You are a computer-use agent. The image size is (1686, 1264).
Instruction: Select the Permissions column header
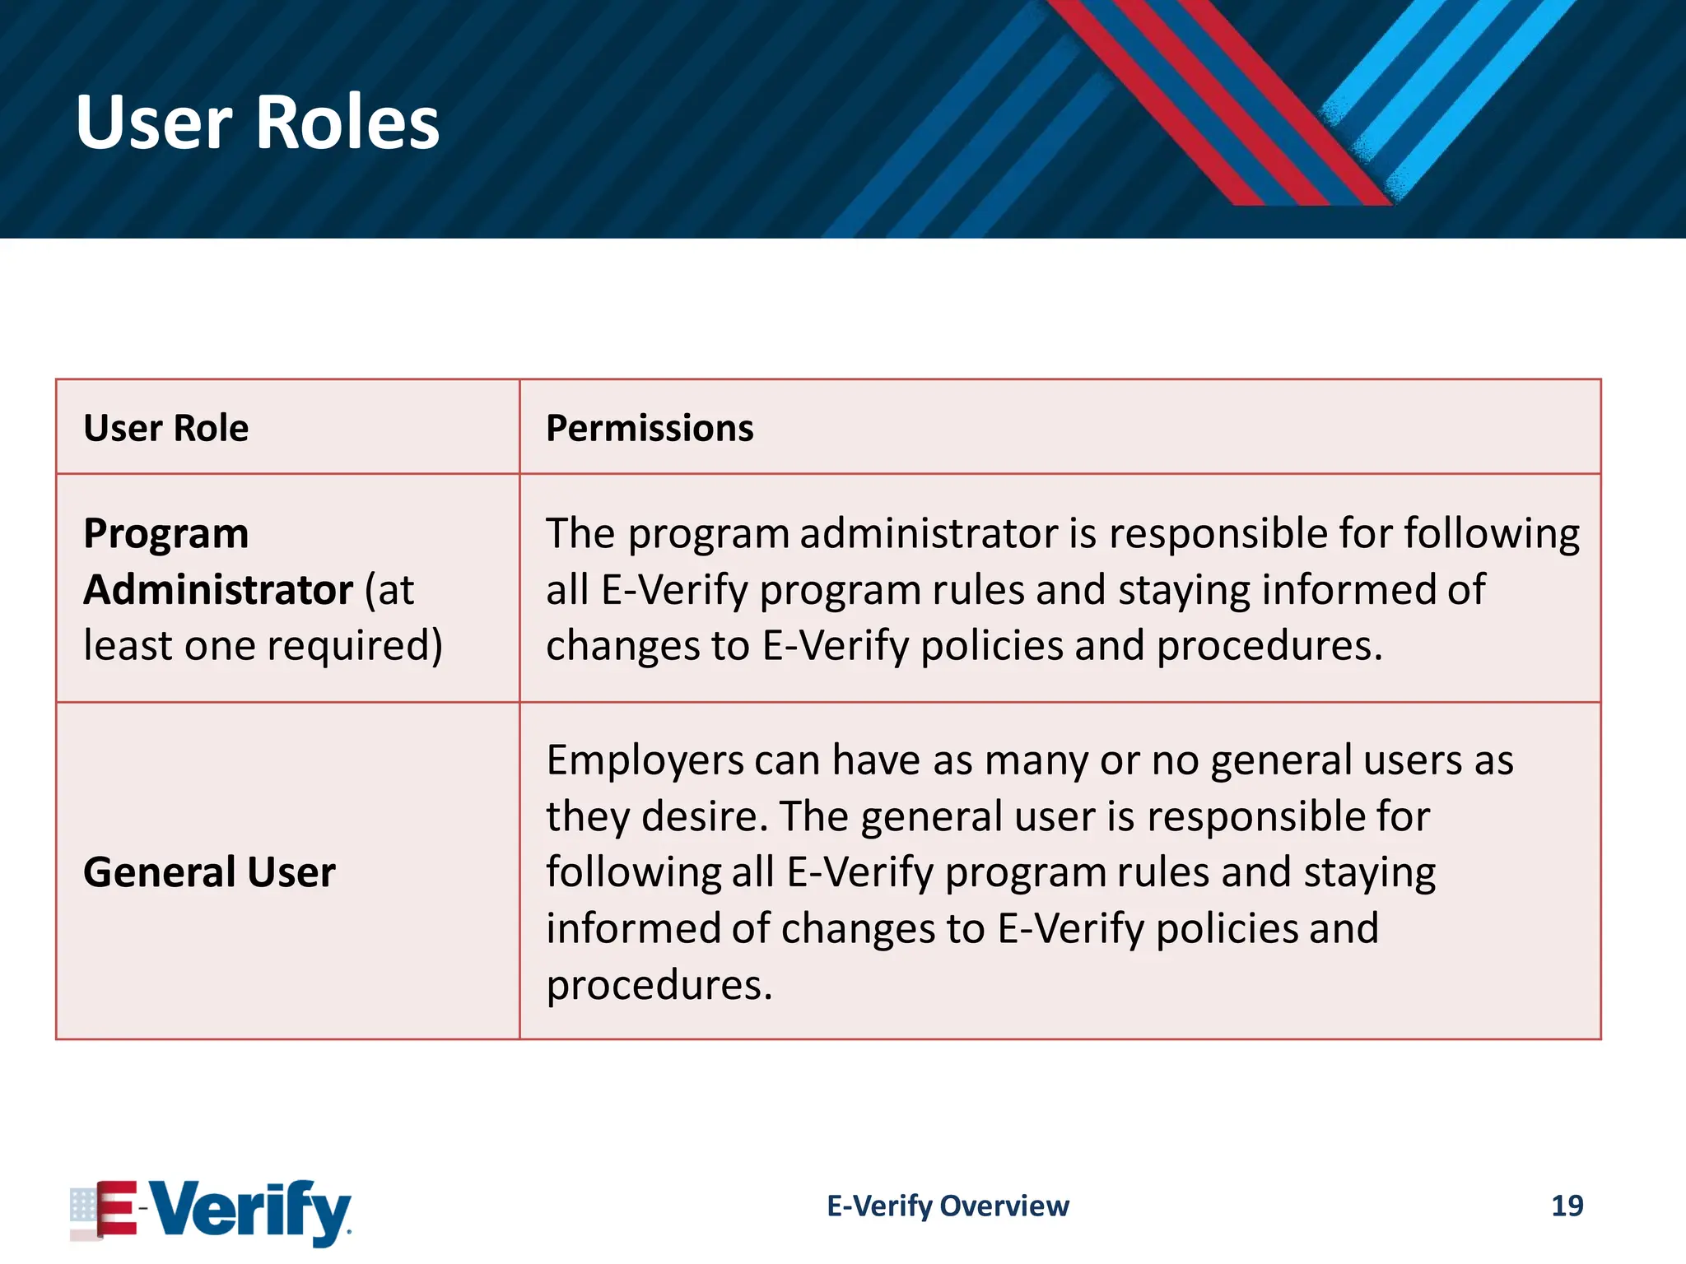click(650, 428)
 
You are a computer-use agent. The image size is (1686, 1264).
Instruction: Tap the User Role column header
click(165, 428)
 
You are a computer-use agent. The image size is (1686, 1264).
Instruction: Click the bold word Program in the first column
click(165, 533)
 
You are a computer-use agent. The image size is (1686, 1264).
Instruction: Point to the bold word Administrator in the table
click(218, 590)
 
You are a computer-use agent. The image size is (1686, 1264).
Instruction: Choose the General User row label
click(209, 871)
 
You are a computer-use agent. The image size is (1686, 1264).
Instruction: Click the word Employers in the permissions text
click(644, 760)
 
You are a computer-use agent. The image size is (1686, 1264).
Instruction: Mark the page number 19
click(1567, 1206)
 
